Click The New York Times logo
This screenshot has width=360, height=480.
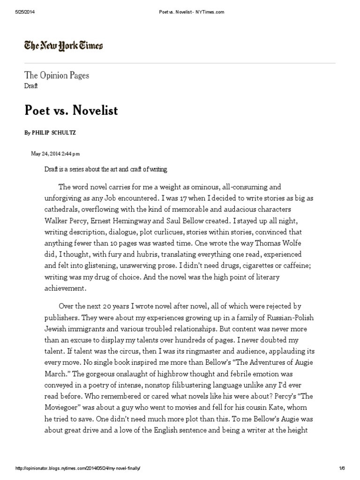coord(64,45)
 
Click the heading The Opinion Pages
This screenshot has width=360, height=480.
coord(57,75)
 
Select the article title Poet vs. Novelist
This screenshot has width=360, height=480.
coord(71,111)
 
